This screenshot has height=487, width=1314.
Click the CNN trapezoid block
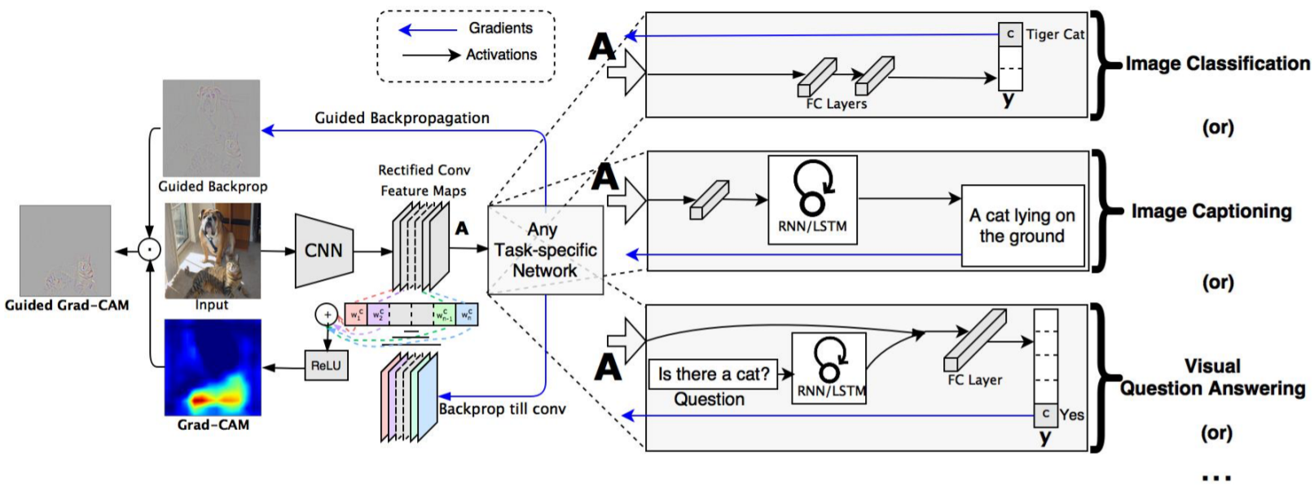point(323,251)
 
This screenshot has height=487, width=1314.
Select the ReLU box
point(326,366)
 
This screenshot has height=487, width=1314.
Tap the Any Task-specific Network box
point(545,250)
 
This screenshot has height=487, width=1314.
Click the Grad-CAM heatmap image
point(213,367)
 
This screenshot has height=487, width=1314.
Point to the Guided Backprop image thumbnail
point(211,128)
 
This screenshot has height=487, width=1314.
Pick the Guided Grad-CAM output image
point(65,251)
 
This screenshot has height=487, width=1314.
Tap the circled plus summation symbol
point(327,315)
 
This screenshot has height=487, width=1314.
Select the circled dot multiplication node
point(150,251)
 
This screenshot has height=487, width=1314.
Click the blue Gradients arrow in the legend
point(428,29)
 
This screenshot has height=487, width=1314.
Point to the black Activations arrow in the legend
point(431,55)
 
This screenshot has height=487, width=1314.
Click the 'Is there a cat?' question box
point(714,375)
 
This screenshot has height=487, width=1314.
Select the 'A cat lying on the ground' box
point(1022,226)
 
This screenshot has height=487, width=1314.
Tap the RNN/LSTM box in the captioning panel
point(812,200)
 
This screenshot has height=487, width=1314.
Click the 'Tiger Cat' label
point(1055,35)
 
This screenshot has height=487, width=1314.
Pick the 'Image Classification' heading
point(1218,64)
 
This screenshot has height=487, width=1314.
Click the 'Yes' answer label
point(1072,415)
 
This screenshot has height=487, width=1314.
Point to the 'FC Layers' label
point(837,104)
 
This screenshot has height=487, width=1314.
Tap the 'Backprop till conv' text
point(502,409)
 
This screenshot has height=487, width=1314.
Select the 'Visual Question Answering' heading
point(1212,377)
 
